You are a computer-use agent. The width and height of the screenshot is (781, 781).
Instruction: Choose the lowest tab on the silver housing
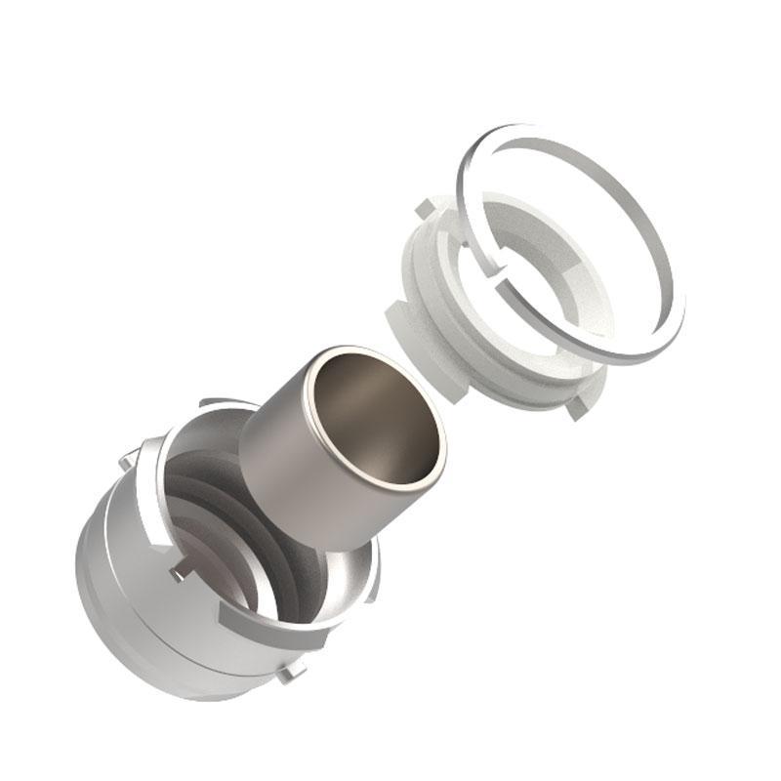click(290, 672)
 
